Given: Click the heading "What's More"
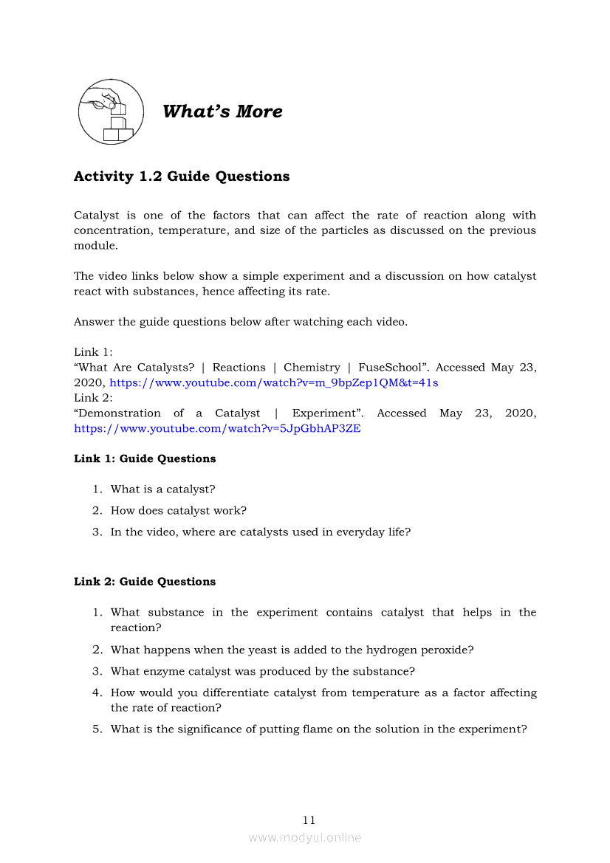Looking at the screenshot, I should click(222, 111).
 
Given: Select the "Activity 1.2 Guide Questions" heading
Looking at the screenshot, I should click(182, 176).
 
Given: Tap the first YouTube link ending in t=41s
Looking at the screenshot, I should click(273, 382).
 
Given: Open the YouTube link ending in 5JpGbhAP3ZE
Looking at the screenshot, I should click(217, 428).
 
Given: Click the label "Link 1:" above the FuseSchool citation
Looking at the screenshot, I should click(93, 352).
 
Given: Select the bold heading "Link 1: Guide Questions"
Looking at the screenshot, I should click(145, 458).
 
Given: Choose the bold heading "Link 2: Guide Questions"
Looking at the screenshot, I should click(145, 582).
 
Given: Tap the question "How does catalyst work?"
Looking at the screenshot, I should click(178, 510).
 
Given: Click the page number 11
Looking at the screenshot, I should click(309, 820).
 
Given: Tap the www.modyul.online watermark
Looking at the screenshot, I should click(305, 837).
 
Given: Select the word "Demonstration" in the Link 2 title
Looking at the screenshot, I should click(117, 413).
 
